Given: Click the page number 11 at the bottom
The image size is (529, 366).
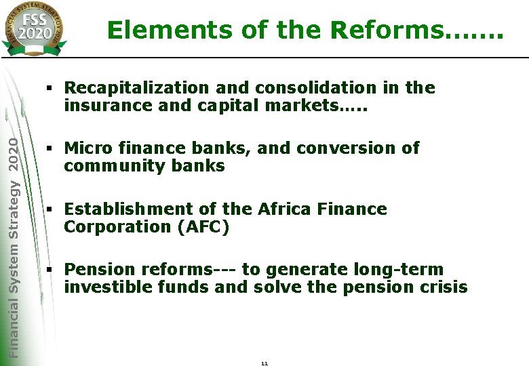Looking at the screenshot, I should click(x=264, y=363).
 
